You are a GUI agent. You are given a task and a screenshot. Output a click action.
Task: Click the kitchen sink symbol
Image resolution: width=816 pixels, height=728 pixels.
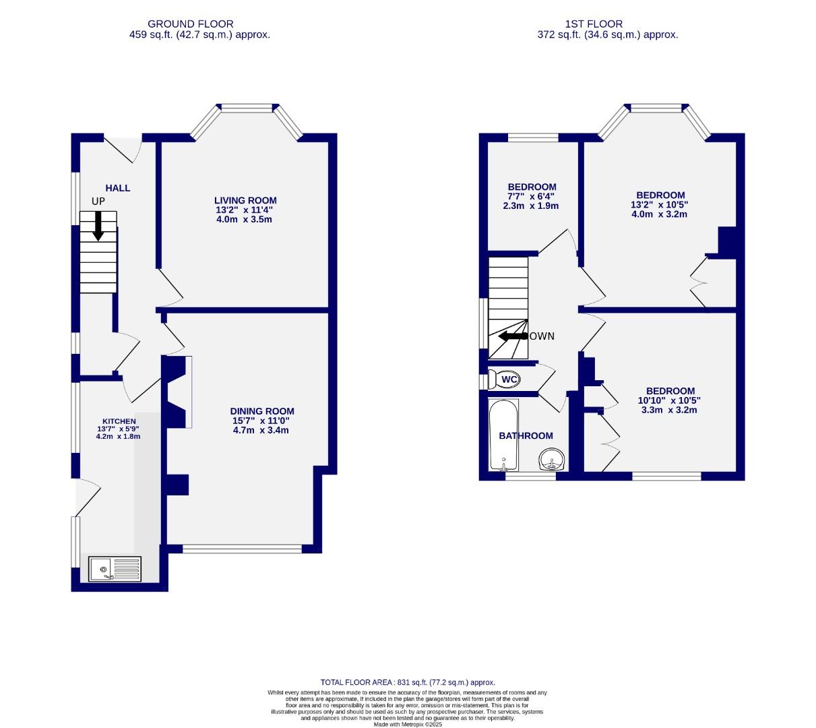click(x=115, y=569)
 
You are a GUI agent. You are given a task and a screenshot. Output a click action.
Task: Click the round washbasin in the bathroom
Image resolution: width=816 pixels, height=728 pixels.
click(x=552, y=462)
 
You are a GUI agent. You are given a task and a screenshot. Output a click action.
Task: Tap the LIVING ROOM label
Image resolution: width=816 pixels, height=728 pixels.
click(x=245, y=200)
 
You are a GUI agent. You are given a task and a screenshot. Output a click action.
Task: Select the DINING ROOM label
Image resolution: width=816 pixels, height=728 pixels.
click(x=262, y=411)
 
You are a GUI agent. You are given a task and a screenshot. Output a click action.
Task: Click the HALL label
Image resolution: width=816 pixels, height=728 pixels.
click(x=117, y=188)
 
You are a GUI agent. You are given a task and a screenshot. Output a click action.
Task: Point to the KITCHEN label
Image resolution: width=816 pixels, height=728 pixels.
click(x=119, y=421)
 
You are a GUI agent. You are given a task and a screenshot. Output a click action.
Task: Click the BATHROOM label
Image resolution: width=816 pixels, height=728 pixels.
click(x=526, y=436)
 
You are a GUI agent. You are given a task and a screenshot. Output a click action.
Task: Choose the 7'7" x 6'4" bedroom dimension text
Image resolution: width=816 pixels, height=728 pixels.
click(x=532, y=197)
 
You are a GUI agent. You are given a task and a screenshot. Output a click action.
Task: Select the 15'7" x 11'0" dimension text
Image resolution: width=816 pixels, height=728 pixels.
click(x=262, y=421)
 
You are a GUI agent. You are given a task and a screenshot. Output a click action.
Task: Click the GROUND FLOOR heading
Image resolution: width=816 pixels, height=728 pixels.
click(x=191, y=24)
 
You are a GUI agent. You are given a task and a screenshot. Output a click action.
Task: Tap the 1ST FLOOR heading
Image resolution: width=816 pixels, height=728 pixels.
click(x=604, y=24)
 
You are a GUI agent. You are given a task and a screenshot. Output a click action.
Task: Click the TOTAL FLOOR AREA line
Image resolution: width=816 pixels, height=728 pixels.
click(x=408, y=682)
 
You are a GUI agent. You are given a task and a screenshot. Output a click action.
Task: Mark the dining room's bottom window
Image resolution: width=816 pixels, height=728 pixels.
click(x=242, y=549)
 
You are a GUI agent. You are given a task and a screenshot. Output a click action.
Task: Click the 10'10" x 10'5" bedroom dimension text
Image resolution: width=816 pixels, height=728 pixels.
click(x=670, y=400)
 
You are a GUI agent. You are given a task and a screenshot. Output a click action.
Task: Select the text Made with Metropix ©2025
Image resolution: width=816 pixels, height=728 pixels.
click(x=408, y=724)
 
